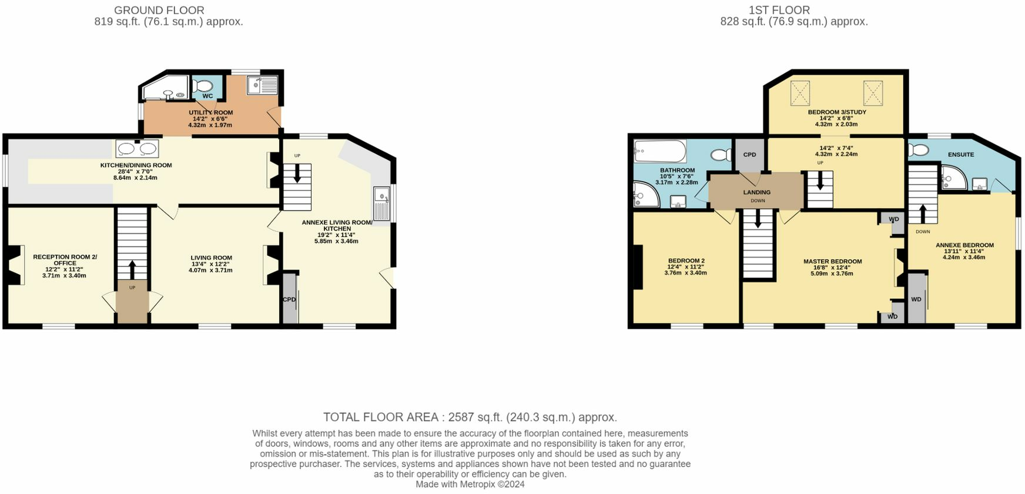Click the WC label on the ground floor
(x=207, y=96)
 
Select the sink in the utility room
(x=262, y=85)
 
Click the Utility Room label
(x=210, y=112)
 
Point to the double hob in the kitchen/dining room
(x=137, y=149)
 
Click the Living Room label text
(x=211, y=258)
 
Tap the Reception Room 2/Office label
(x=65, y=260)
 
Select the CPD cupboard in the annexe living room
(x=290, y=299)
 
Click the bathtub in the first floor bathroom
(x=660, y=151)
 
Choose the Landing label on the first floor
(x=756, y=192)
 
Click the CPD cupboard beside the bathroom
(x=749, y=155)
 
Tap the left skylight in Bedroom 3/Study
(x=800, y=93)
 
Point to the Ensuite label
(x=961, y=155)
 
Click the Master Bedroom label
(x=832, y=262)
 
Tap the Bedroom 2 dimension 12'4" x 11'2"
(x=685, y=267)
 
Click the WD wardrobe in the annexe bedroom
(x=916, y=299)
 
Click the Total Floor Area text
(x=470, y=417)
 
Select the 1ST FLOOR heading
(x=779, y=10)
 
